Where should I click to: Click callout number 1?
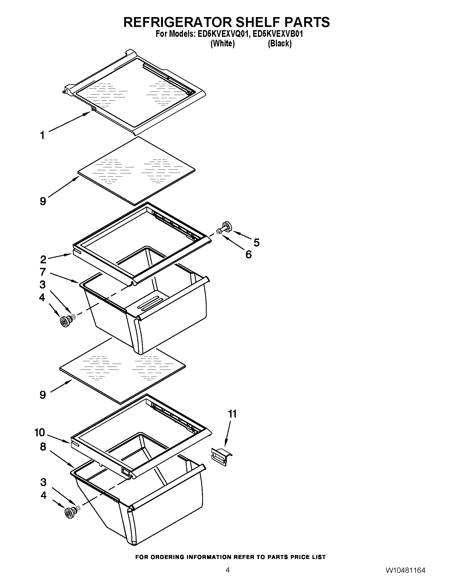42,135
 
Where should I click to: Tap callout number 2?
43,259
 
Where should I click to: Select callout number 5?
256,243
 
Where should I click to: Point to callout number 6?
249,254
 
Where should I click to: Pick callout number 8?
43,447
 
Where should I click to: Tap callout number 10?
40,433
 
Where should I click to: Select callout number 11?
232,414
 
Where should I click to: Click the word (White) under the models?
222,43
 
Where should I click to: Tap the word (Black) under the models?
279,43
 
